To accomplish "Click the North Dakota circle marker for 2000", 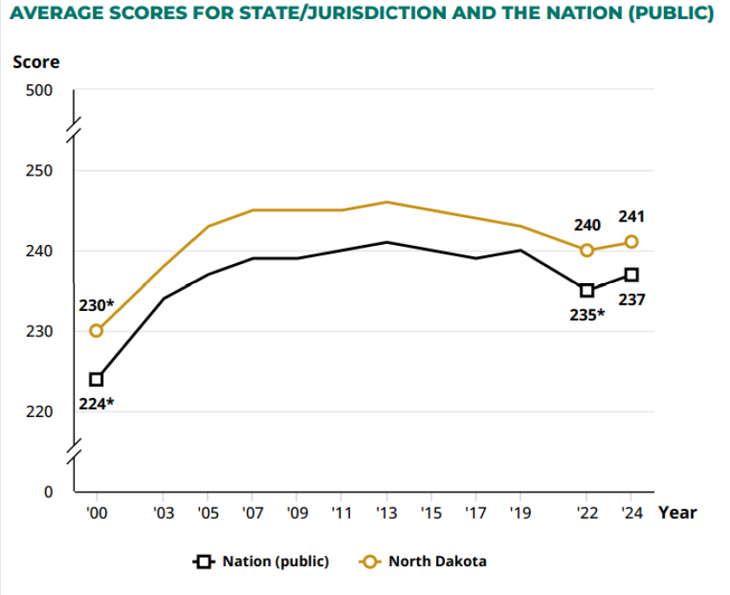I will [96, 330].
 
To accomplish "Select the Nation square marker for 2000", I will [96, 379].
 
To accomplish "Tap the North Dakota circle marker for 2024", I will [632, 241].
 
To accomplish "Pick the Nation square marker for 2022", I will [587, 290].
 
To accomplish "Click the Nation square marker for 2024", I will [632, 274].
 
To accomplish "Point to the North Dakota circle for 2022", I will [587, 250].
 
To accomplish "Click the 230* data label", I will [96, 305].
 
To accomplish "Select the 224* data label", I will [96, 403].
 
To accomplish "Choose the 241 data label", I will [632, 216].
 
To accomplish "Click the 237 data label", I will [632, 300].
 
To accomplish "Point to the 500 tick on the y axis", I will [42, 90].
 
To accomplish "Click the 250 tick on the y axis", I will [42, 170].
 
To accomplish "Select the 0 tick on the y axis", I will [49, 492].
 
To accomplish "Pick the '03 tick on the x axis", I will [163, 513].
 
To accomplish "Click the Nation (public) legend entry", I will [262, 562].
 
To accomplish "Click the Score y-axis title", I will [36, 63].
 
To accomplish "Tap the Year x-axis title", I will [677, 512].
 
